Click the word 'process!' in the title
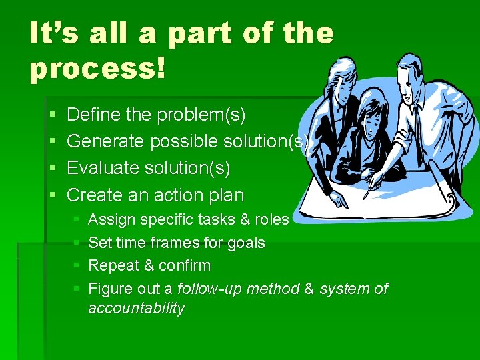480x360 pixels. point(97,69)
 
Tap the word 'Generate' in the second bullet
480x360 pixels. point(107,142)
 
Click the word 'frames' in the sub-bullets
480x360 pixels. point(181,243)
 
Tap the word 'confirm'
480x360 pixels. point(185,266)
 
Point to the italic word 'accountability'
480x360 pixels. point(136,309)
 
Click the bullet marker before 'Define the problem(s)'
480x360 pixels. point(53,116)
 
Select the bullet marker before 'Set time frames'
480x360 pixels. point(77,243)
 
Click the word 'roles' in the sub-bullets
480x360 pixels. point(272,220)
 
